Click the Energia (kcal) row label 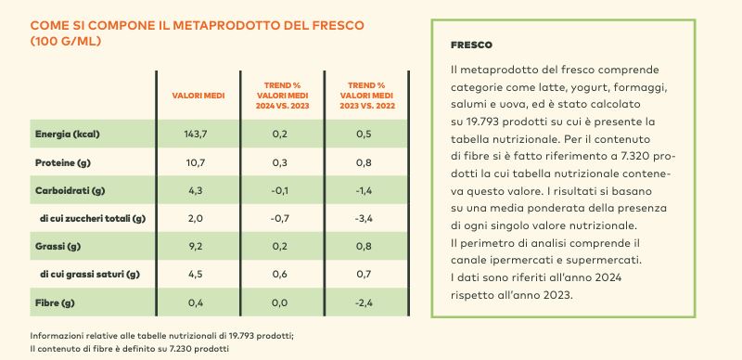tap(67, 134)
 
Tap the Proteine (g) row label tap(62, 162)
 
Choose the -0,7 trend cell tap(280, 218)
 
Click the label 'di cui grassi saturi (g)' tap(90, 275)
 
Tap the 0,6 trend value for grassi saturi tap(280, 275)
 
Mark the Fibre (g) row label tap(55, 302)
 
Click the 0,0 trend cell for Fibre tap(280, 302)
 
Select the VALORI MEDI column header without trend tap(198, 96)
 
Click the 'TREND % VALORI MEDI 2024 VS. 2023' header tap(283, 96)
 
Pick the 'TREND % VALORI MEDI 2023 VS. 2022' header tap(366, 96)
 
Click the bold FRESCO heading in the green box tap(471, 45)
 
